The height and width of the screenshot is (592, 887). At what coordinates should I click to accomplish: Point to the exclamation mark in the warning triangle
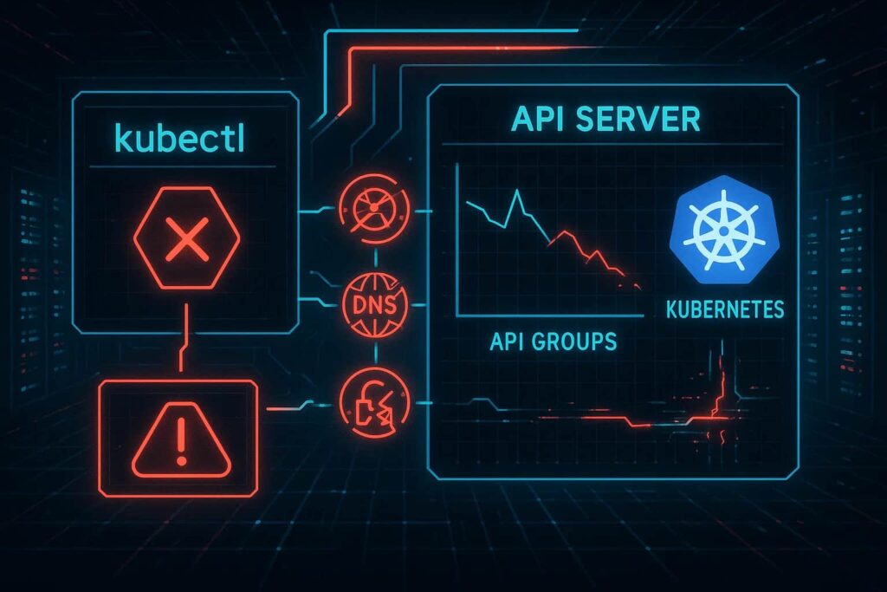click(181, 443)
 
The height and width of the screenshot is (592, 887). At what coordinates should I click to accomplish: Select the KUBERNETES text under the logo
click(725, 309)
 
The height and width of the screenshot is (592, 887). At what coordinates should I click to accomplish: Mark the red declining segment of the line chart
click(598, 256)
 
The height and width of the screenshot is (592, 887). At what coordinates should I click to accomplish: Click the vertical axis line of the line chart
click(456, 243)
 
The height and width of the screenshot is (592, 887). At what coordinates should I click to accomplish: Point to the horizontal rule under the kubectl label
click(182, 166)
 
